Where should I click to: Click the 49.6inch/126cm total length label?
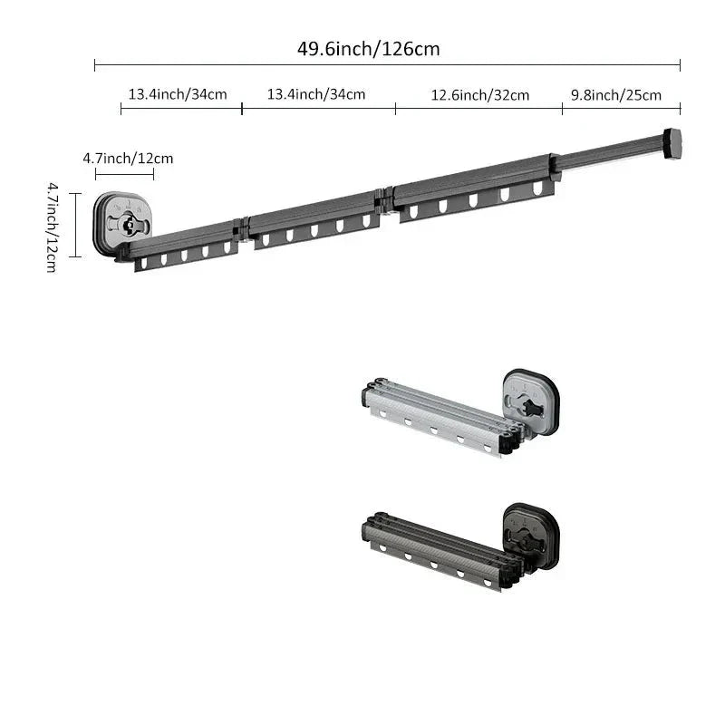[369, 49]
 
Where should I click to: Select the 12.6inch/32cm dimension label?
[480, 95]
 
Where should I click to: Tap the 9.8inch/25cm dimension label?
[616, 95]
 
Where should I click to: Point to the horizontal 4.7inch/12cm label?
[128, 159]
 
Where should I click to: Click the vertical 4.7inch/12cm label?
[53, 227]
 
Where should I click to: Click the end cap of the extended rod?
[672, 144]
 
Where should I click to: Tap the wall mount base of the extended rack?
[122, 223]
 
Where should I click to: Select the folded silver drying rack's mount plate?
[531, 401]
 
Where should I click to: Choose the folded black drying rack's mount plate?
[531, 536]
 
